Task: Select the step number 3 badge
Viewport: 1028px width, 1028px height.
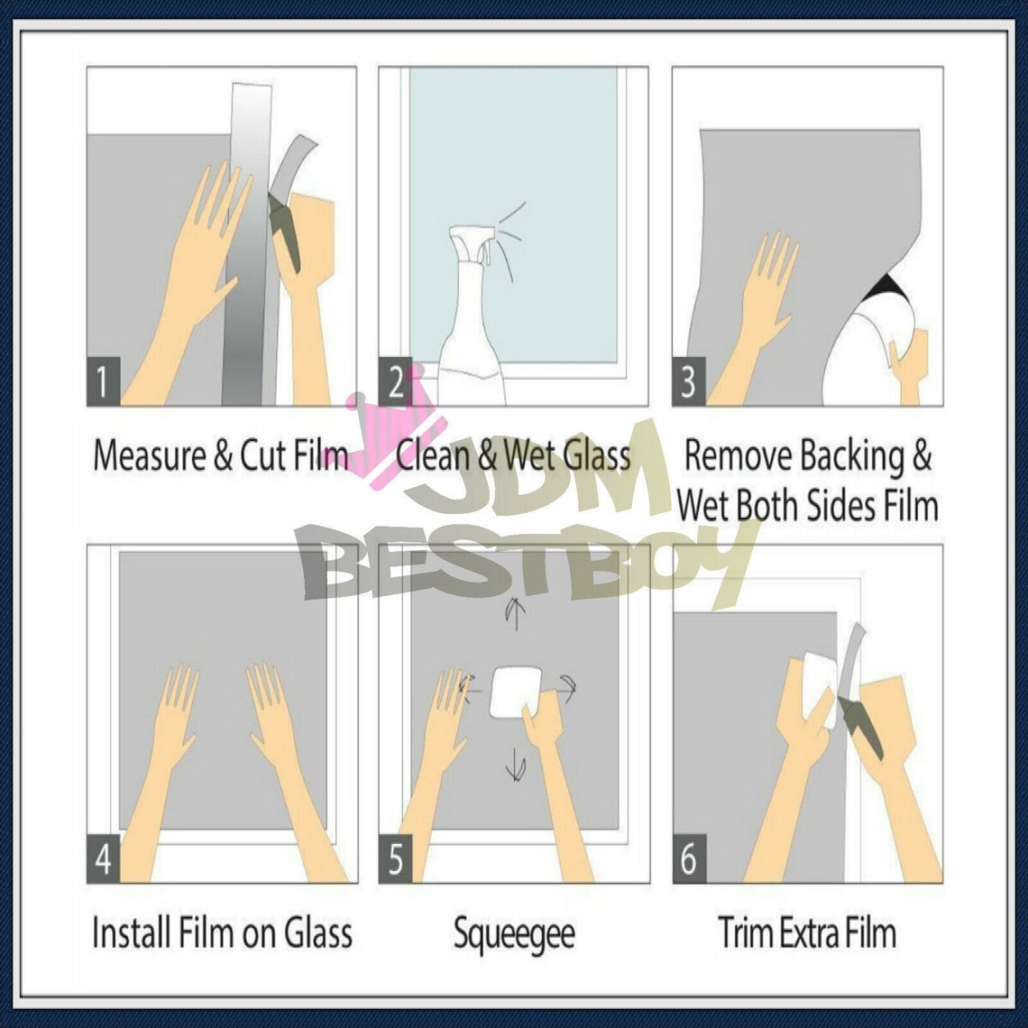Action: (689, 382)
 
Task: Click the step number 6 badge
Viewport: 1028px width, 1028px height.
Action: (689, 859)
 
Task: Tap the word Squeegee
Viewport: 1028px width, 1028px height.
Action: (513, 933)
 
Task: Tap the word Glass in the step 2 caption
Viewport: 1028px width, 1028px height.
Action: (597, 455)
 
